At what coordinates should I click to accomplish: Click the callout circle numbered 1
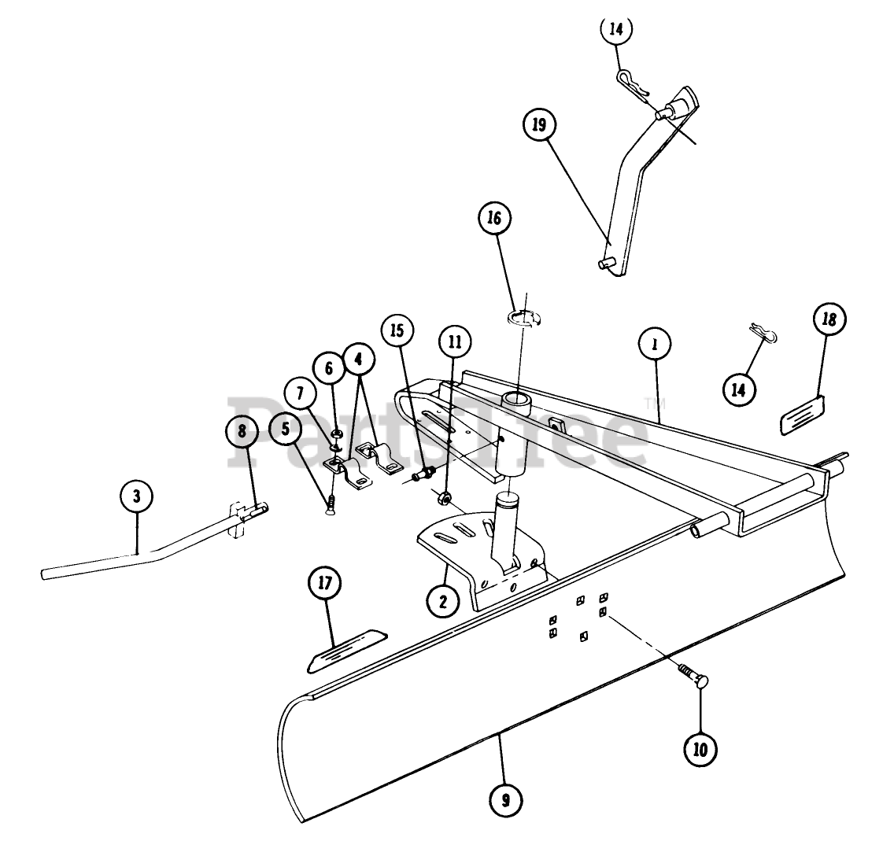[x=654, y=343]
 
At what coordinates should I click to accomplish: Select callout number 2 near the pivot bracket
[x=443, y=602]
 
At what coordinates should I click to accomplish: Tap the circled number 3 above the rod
[x=137, y=496]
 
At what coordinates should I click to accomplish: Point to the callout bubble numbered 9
[x=505, y=800]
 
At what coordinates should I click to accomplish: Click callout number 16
[x=494, y=219]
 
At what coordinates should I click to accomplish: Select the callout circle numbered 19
[x=539, y=125]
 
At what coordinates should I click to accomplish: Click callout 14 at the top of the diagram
[x=616, y=29]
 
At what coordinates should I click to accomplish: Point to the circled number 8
[x=242, y=431]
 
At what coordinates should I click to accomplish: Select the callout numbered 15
[x=397, y=330]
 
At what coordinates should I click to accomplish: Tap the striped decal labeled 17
[x=346, y=649]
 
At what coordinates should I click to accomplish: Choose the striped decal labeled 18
[x=801, y=414]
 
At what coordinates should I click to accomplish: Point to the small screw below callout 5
[x=331, y=503]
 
